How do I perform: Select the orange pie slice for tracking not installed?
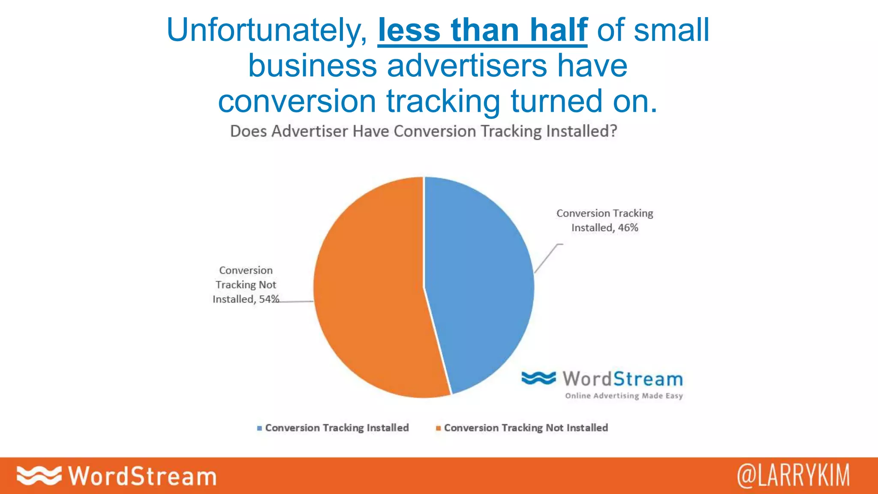point(369,292)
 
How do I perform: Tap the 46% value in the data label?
point(628,228)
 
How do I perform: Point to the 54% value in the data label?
point(269,299)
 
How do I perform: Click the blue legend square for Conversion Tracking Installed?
point(259,428)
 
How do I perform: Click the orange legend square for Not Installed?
point(438,428)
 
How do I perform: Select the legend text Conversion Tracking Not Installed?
point(526,428)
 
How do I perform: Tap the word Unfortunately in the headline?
point(266,31)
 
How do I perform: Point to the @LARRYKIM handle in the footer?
point(793,476)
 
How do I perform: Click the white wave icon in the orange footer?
point(39,476)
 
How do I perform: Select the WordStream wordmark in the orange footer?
point(142,476)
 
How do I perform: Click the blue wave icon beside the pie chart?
point(538,378)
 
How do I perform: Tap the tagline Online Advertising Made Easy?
point(624,395)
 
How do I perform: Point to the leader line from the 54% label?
point(296,301)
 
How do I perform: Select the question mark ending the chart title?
point(613,131)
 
